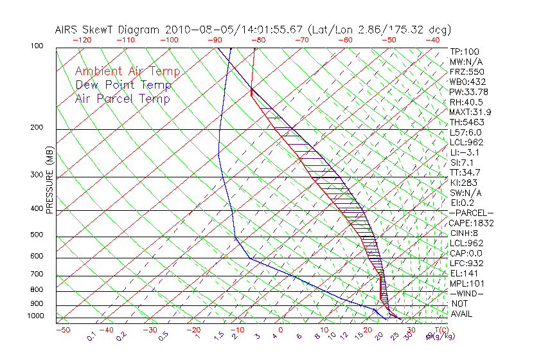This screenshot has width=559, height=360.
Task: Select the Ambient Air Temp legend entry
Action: click(127, 71)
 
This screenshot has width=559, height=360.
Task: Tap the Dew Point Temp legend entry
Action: click(123, 85)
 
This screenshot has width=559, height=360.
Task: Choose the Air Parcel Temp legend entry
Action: click(122, 98)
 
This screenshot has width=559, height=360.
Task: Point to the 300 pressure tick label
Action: click(36, 175)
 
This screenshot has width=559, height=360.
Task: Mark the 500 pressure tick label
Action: click(36, 235)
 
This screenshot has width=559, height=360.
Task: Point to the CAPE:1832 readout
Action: click(472, 222)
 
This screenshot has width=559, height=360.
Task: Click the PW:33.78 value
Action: click(468, 91)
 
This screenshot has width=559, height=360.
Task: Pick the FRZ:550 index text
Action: click(466, 71)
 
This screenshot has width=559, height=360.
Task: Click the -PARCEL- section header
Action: click(471, 213)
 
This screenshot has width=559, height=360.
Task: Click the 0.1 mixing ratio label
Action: click(92, 336)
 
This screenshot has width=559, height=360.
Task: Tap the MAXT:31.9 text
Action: click(470, 112)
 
